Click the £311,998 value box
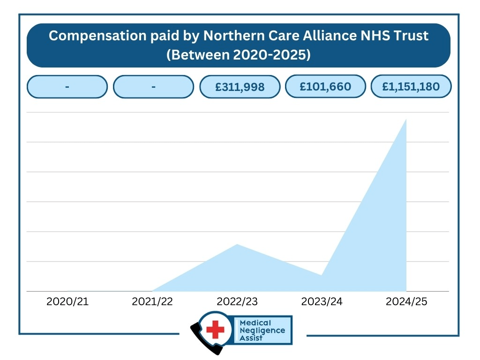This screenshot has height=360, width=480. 240,87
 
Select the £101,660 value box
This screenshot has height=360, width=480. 325,86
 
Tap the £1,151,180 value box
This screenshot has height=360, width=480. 411,86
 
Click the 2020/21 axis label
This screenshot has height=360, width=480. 67,301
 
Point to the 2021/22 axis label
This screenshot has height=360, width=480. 152,301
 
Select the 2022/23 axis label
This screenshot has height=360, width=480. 237,301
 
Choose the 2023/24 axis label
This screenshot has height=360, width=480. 322,301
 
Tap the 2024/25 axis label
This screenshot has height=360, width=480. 406,301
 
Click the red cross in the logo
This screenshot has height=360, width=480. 216,330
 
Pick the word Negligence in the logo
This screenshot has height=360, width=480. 262,330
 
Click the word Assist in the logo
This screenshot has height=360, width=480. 251,337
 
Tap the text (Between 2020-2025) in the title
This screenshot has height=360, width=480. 239,54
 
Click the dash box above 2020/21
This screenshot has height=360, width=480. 67,87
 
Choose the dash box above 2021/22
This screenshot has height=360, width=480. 153,87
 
